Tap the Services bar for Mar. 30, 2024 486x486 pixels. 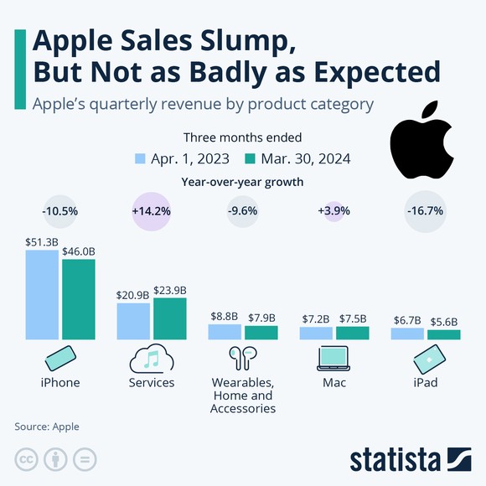(170, 318)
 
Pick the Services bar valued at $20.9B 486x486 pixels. (133, 321)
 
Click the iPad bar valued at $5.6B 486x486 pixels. (444, 334)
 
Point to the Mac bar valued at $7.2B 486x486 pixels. (316, 333)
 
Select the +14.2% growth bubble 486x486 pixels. (152, 211)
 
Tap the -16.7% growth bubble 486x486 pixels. (426, 211)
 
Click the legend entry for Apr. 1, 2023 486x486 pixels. (183, 158)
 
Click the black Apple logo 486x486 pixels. (422, 139)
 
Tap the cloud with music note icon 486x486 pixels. (152, 359)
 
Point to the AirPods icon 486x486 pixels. (243, 358)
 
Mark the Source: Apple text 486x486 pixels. (47, 427)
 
